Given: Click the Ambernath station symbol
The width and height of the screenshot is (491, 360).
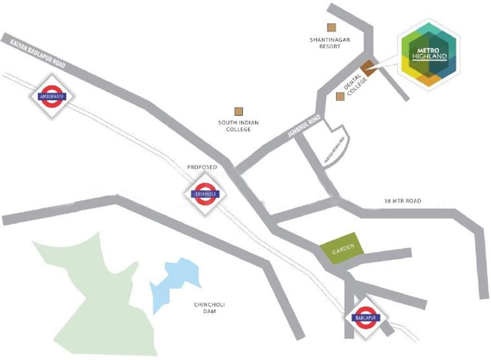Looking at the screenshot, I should tap(52, 97).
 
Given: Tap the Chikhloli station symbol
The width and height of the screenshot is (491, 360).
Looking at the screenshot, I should tap(204, 194).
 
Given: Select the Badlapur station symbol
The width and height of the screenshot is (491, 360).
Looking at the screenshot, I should tap(366, 317).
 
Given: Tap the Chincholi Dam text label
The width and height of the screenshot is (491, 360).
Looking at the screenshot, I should tap(210, 308).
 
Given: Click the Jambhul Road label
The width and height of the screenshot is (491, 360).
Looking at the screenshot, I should tap(304, 126).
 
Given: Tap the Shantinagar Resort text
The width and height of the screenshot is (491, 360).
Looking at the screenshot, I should tap(330, 43).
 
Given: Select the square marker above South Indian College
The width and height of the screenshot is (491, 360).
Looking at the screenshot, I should tap(239, 111).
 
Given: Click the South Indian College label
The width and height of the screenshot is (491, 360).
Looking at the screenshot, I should tap(238, 126).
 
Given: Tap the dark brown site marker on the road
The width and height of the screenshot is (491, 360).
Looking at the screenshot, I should tap(369, 68).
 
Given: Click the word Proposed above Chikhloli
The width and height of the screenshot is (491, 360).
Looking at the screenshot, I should tap(202, 167).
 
